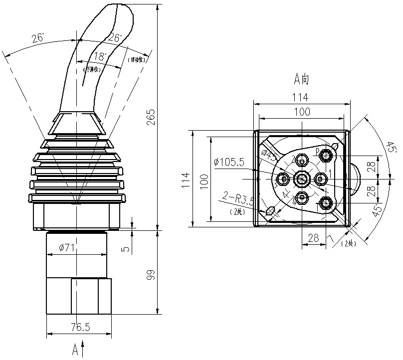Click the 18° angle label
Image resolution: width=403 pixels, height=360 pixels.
100,56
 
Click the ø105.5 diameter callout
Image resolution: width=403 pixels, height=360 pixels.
228,162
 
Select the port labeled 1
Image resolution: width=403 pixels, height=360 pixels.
320,178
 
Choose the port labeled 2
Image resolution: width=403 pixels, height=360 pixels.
302,161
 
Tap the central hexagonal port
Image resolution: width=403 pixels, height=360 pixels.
302,178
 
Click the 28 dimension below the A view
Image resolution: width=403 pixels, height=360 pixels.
313,238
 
